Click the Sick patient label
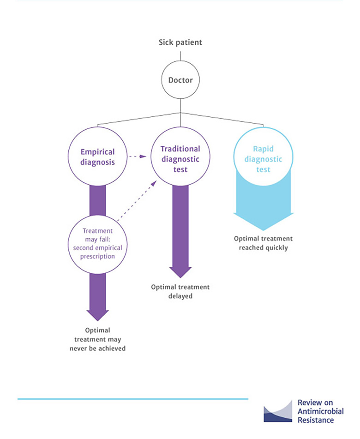click(180, 42)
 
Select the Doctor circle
click(180, 80)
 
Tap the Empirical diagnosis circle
click(97, 156)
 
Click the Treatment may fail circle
click(97, 243)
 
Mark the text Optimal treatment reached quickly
click(263, 243)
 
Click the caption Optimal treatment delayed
click(180, 291)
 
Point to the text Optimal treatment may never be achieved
click(97, 339)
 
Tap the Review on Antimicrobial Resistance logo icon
click(278, 411)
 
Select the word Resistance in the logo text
click(316, 420)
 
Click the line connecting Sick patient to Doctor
click(180, 56)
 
